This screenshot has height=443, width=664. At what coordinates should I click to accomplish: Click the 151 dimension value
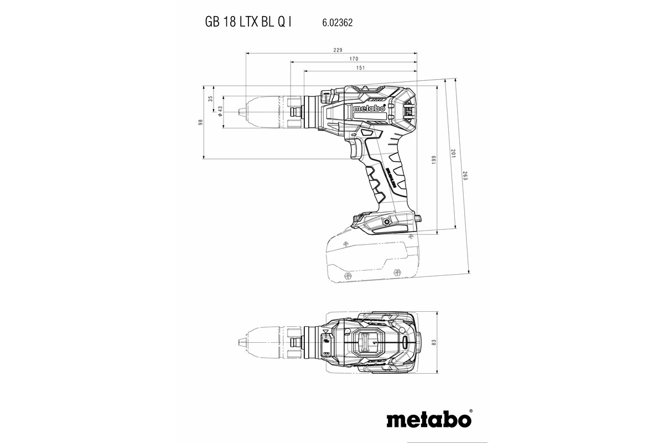pyautogui.click(x=360, y=68)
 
